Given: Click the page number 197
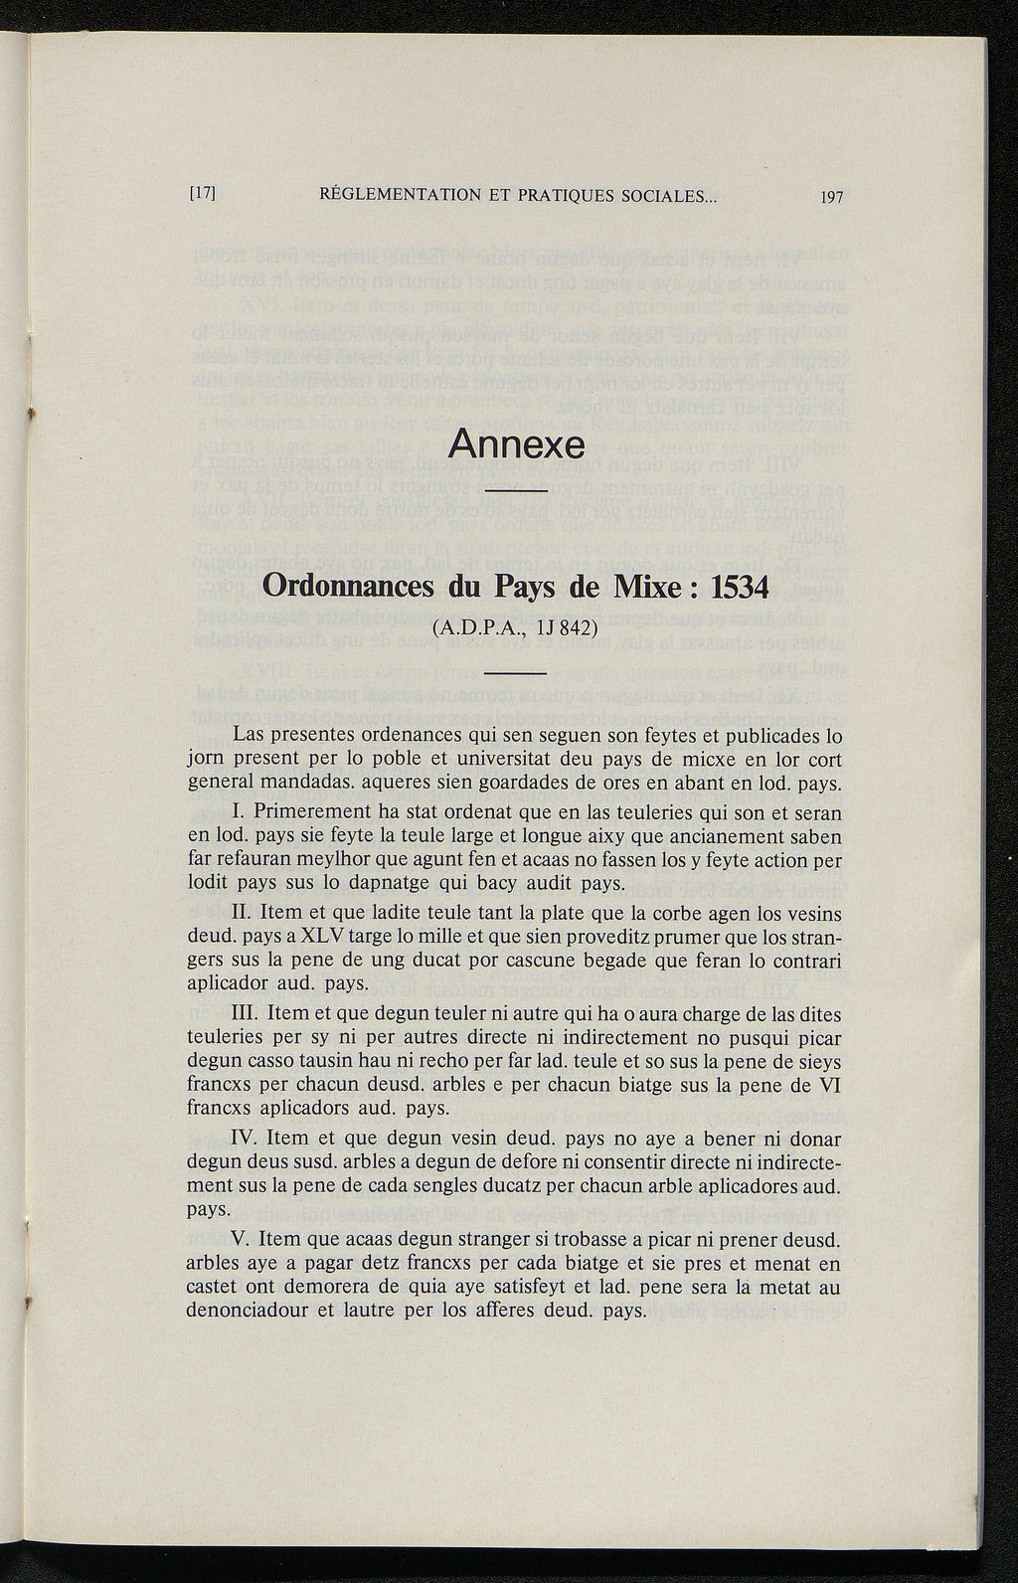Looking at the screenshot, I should pyautogui.click(x=831, y=197).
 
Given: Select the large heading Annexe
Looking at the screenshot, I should pyautogui.click(x=516, y=443).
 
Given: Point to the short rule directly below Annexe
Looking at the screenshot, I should pyautogui.click(x=517, y=492).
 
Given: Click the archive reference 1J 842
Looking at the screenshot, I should pyautogui.click(x=551, y=628).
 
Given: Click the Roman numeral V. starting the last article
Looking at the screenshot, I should pyautogui.click(x=239, y=1239).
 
